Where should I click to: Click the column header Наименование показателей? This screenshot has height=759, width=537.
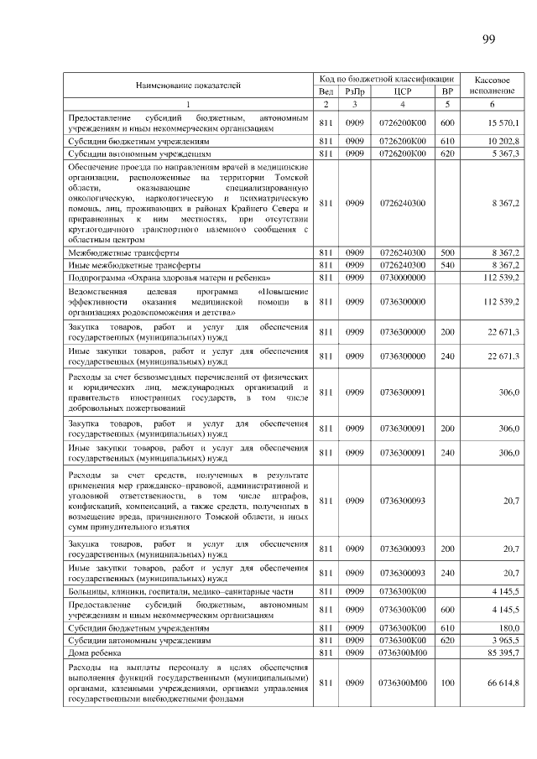point(189,85)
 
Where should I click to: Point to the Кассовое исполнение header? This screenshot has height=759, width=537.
point(493,85)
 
